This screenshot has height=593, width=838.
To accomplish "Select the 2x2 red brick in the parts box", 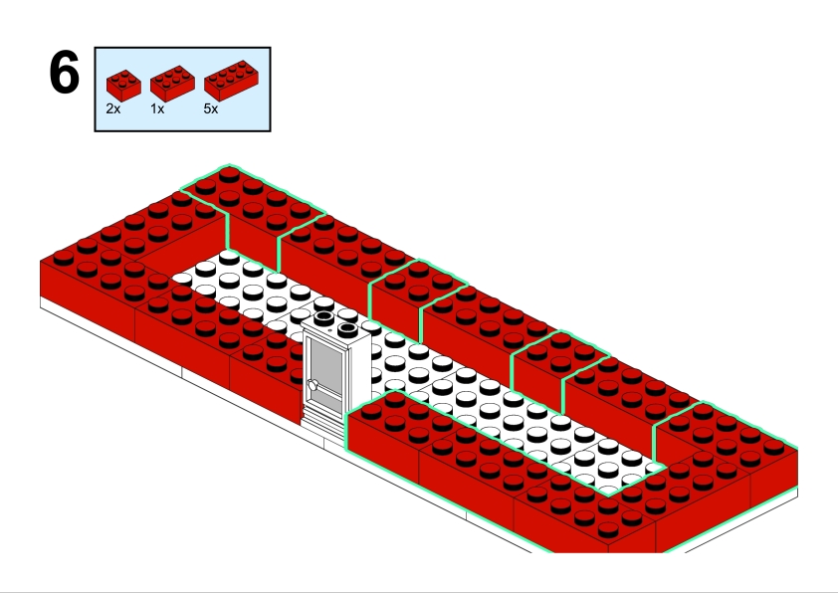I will click(x=122, y=82).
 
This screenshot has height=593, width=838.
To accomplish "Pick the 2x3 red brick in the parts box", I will click(x=171, y=82).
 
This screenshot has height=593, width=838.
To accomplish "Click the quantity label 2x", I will click(x=113, y=109).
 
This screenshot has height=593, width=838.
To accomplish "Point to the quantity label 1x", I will click(x=157, y=109).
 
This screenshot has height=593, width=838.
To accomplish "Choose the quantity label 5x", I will click(x=211, y=109).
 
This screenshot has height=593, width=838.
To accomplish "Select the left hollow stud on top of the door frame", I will click(x=325, y=319).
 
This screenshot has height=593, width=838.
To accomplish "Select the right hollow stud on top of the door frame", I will click(x=346, y=328).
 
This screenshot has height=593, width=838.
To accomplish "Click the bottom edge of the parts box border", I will click(x=182, y=130).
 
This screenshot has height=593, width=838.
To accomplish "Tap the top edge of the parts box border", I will click(x=182, y=47).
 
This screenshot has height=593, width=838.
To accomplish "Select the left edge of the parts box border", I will click(x=96, y=89).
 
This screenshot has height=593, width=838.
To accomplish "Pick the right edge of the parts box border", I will click(x=270, y=89).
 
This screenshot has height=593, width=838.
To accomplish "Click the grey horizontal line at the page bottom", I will click(x=419, y=590).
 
